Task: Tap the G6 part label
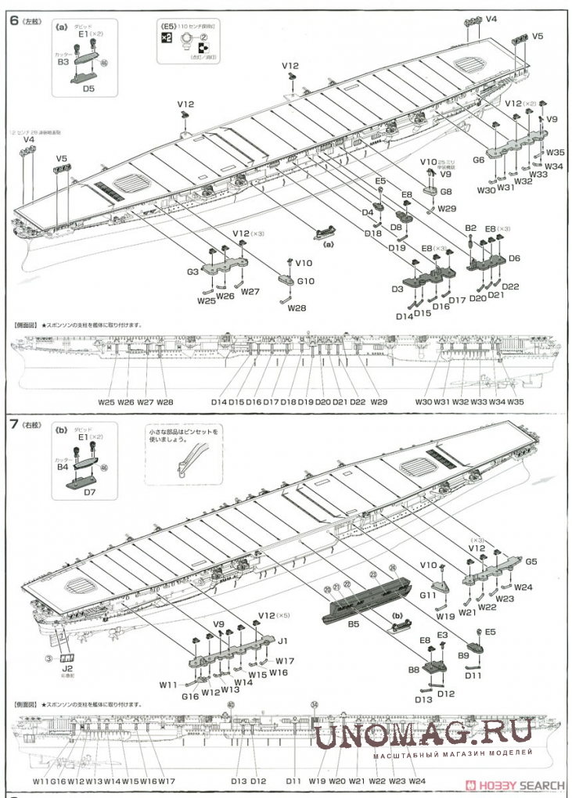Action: click(x=479, y=160)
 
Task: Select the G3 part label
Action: click(x=193, y=271)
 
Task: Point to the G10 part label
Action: click(x=306, y=281)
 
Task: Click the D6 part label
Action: click(x=514, y=258)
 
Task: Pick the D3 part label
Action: click(x=397, y=290)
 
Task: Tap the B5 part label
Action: click(x=353, y=624)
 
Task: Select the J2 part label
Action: click(x=68, y=669)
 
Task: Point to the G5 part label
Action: click(x=531, y=562)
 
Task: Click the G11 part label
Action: click(x=427, y=596)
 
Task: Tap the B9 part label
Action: click(x=462, y=655)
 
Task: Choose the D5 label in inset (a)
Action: click(x=88, y=89)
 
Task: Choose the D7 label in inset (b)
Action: click(x=88, y=492)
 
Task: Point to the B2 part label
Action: click(x=470, y=228)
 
